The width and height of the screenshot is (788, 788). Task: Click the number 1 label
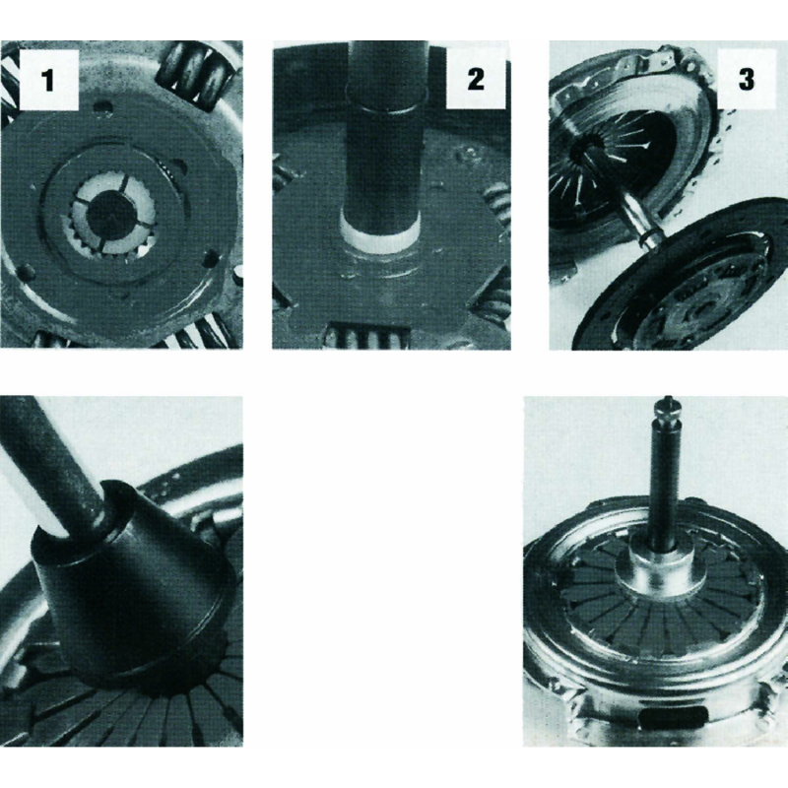[x=48, y=80]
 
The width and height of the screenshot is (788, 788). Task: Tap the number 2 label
[x=476, y=79]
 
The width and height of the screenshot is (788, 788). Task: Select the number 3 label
[x=747, y=79]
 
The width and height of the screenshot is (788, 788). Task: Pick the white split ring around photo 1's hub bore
[x=111, y=213]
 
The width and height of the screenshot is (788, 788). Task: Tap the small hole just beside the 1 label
[x=102, y=108]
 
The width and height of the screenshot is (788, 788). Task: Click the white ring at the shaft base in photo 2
[x=378, y=232]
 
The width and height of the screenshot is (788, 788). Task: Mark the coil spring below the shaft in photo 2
[x=365, y=335]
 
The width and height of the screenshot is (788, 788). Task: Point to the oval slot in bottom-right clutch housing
[x=674, y=718]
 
